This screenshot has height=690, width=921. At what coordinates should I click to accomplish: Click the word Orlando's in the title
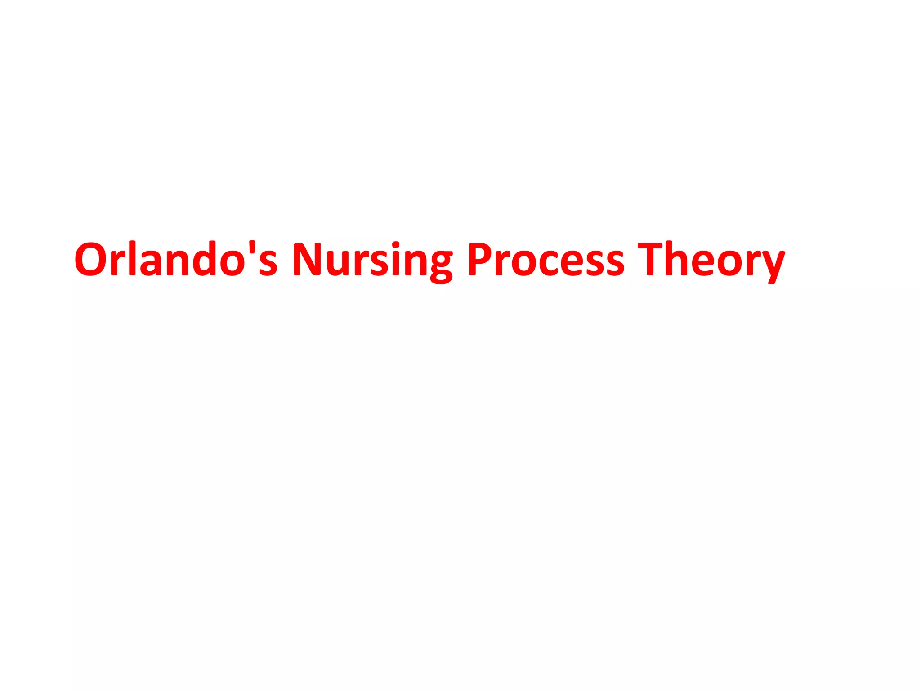[176, 259]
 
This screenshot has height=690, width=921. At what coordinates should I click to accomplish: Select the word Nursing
[372, 261]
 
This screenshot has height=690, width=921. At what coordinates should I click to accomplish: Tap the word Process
[546, 259]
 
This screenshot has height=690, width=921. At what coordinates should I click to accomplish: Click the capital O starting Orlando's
[92, 259]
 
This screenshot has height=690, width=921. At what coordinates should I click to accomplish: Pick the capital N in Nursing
[308, 259]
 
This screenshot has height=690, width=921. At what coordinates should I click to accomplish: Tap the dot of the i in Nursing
[395, 245]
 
